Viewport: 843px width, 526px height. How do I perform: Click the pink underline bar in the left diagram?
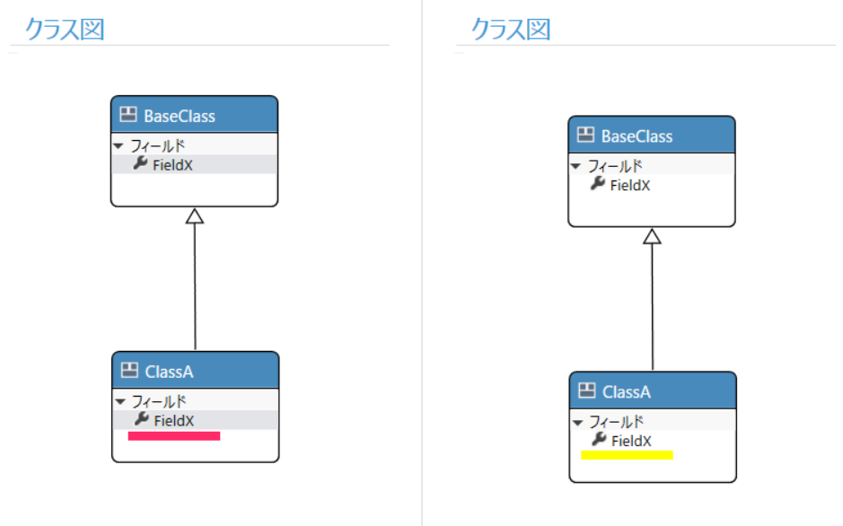coord(174,435)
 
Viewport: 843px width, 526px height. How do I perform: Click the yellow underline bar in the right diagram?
coord(627,455)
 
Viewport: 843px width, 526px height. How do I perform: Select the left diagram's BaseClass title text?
coord(180,116)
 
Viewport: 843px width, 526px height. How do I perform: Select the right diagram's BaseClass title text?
coord(637,136)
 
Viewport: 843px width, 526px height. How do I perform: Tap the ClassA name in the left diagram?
coord(170,372)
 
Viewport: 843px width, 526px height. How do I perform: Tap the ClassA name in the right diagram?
coord(627,392)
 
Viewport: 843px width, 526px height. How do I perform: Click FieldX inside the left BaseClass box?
coord(172,165)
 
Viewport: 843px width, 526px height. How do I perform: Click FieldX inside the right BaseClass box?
coord(630,186)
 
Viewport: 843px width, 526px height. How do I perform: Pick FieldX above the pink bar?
coord(174,421)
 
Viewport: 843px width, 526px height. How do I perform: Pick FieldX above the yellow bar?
coord(632,441)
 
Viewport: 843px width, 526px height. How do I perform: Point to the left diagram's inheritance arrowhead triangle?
coord(195,216)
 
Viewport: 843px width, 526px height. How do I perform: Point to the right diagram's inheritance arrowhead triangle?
coord(652,236)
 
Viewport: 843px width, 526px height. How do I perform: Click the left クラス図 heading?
coord(65,29)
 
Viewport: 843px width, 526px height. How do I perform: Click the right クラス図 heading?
coord(511,29)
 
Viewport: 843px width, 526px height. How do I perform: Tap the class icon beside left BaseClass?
coord(128,114)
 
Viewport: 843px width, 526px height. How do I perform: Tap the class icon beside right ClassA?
coord(587,390)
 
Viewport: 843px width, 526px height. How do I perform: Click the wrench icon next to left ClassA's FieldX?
coord(142,419)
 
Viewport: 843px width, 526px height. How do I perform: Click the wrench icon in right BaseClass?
coord(598,184)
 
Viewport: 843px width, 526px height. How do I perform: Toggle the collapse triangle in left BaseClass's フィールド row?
coord(119,145)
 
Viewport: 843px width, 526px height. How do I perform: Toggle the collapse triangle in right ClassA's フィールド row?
coord(578,422)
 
